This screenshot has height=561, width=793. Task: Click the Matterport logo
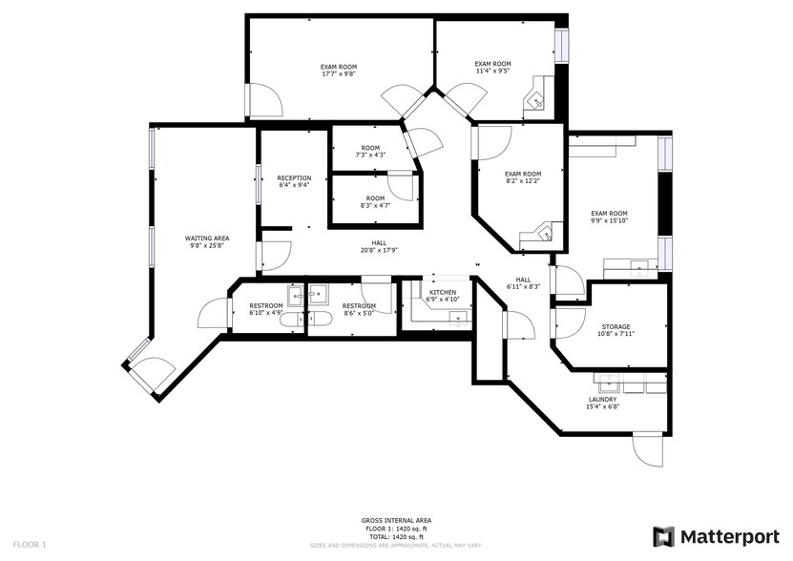pos(715,536)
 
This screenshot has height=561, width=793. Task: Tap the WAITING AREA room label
pos(207,238)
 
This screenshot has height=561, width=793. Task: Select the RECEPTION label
pos(294,177)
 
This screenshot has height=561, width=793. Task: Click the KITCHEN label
pos(442,292)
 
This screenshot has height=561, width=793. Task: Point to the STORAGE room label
pos(616,326)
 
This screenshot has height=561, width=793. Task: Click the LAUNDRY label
pos(602,399)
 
